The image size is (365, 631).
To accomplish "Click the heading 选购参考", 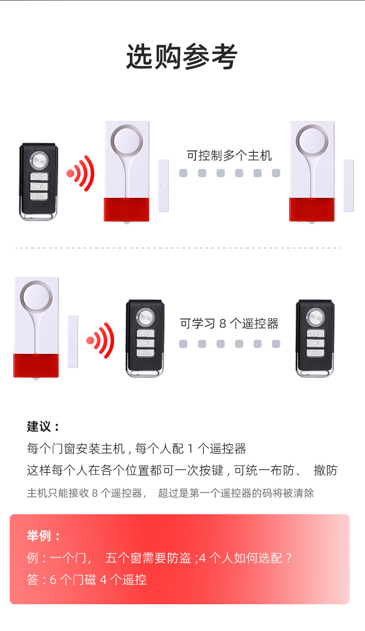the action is click(x=182, y=57).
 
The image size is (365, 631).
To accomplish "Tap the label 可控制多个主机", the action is click(x=229, y=156).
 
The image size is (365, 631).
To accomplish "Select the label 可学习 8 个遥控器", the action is click(x=229, y=324).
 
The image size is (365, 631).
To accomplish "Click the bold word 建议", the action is click(x=39, y=426).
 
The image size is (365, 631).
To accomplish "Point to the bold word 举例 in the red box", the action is click(x=39, y=535).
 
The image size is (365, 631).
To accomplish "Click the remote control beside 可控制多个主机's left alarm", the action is click(x=39, y=182).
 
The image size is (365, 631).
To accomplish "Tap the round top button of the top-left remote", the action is click(x=39, y=161).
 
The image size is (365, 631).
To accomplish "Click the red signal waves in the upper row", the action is click(x=80, y=173).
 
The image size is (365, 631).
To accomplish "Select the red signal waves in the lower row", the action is click(x=100, y=340).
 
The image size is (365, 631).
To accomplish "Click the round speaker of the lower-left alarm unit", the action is click(x=36, y=297).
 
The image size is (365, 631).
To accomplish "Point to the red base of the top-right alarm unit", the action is click(x=312, y=209).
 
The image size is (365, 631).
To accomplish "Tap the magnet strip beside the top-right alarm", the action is click(x=348, y=186).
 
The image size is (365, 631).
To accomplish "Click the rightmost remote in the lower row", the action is click(x=315, y=338).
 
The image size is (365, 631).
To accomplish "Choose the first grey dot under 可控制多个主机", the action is click(x=183, y=173).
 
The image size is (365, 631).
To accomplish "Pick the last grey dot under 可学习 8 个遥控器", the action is click(x=276, y=344).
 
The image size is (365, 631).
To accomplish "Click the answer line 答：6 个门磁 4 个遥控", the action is click(x=86, y=580).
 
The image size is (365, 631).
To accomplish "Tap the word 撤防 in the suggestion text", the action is click(x=326, y=470).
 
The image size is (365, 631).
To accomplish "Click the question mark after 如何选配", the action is click(x=288, y=558).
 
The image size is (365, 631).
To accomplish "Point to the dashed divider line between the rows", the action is click(x=178, y=248).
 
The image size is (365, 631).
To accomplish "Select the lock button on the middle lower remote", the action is click(x=146, y=334).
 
